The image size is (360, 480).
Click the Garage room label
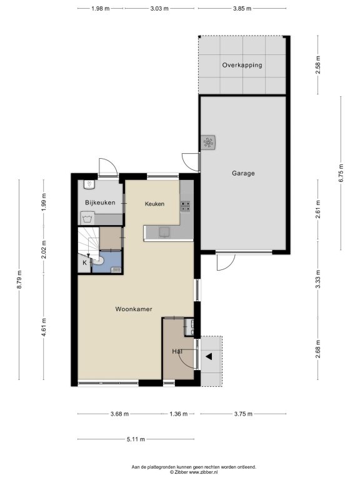[243, 173]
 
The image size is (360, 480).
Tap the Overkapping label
[242, 65]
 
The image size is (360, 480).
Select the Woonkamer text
[134, 309]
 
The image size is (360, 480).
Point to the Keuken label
[154, 204]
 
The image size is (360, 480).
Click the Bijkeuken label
[100, 202]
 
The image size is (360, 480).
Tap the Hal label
[177, 351]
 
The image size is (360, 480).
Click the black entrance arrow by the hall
[209, 357]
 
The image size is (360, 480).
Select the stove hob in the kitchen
[185, 206]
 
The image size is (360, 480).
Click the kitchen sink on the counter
[164, 232]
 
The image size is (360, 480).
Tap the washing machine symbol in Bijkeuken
[87, 219]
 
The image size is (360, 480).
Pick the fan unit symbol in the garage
[208, 142]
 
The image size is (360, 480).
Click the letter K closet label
[84, 262]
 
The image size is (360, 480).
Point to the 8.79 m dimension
[19, 279]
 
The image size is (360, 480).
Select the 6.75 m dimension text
[341, 173]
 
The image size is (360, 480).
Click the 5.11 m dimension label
[136, 439]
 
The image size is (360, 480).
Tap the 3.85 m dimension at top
[242, 9]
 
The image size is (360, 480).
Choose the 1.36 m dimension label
[179, 414]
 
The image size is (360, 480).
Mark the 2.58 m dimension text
[318, 65]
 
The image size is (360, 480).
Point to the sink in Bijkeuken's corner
[89, 184]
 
